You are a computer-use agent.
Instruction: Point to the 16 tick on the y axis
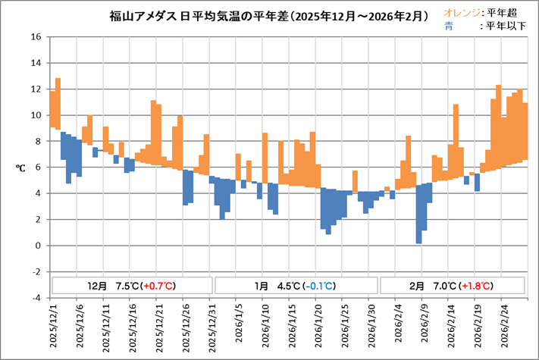(x=35, y=37)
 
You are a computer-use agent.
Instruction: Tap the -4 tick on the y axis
(x=35, y=298)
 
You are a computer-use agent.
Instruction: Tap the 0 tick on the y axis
(x=36, y=246)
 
